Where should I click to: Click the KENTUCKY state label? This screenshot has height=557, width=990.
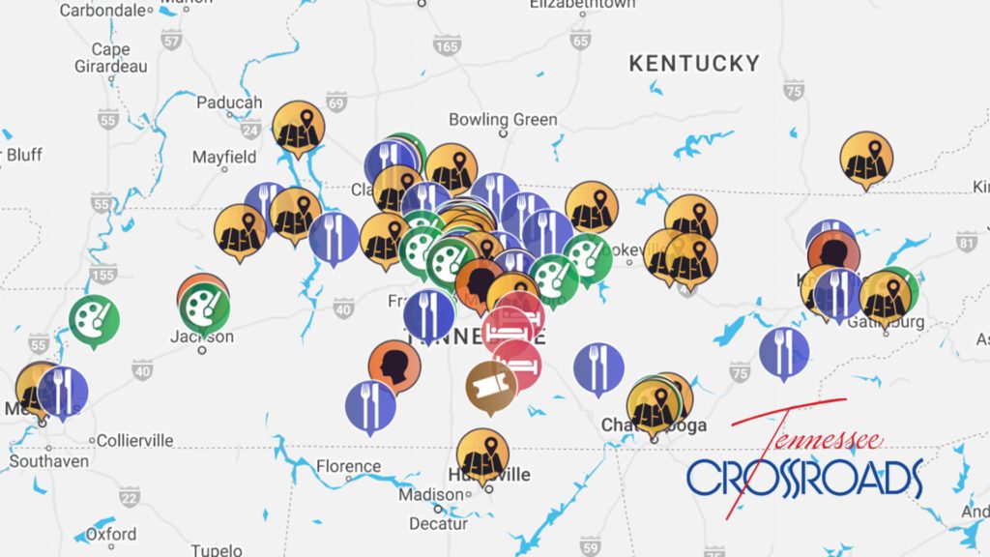click(694, 64)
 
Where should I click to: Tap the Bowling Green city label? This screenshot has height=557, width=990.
click(503, 120)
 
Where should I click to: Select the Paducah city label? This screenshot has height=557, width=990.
click(229, 103)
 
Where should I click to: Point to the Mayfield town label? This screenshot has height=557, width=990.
click(224, 157)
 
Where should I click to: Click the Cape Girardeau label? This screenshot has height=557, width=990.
click(110, 58)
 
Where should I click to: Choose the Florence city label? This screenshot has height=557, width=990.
click(348, 466)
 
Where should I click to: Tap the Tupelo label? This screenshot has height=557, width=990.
click(216, 549)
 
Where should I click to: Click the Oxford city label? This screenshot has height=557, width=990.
click(111, 534)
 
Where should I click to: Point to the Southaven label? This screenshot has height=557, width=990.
click(49, 461)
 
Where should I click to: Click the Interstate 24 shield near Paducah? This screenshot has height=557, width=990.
click(250, 131)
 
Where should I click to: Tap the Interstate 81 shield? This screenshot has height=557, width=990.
click(966, 242)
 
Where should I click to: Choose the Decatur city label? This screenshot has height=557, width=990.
click(438, 523)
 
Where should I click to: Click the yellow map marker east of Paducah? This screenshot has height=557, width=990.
click(298, 127)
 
